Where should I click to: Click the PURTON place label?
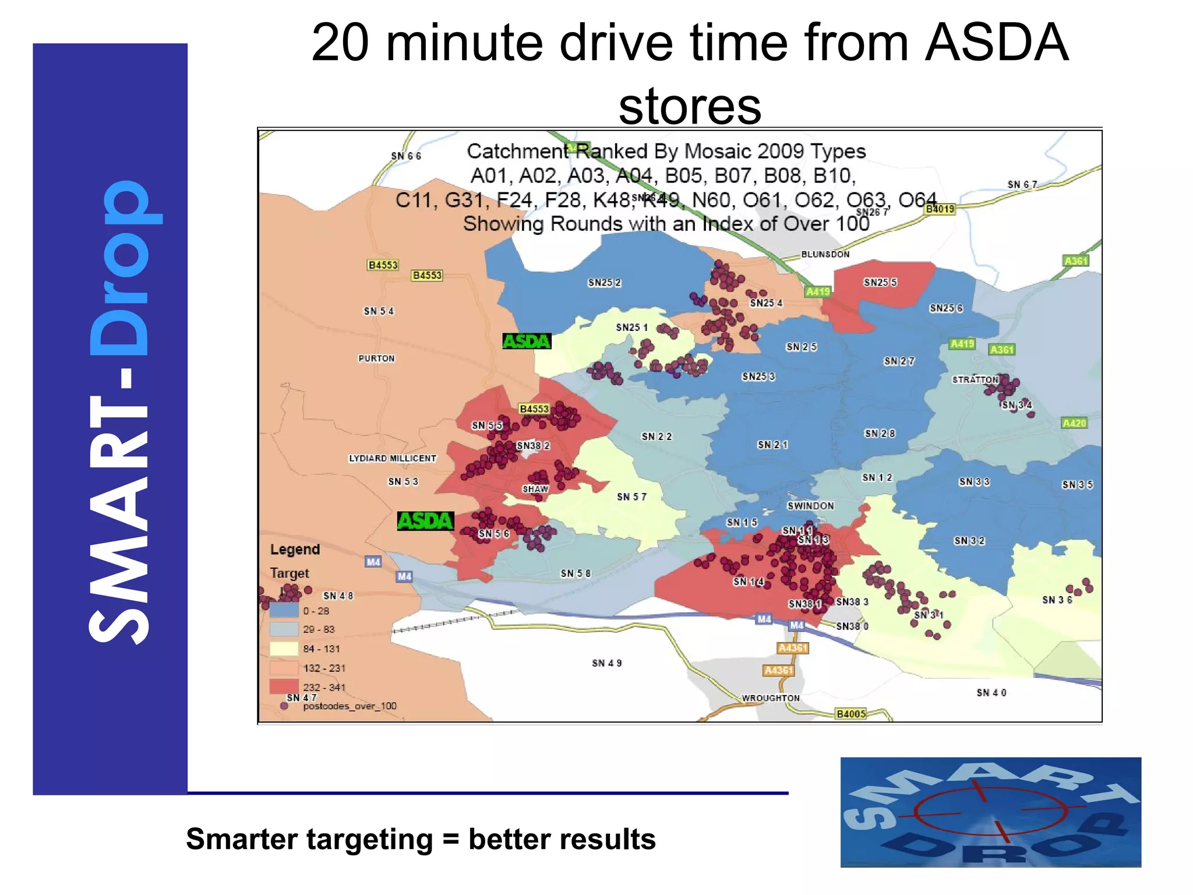click(x=376, y=358)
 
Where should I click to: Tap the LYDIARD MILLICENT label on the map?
click(x=393, y=459)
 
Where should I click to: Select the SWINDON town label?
click(x=810, y=506)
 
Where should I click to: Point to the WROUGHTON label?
click(x=770, y=698)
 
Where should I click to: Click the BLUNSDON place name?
click(x=825, y=254)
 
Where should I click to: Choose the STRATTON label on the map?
click(x=975, y=380)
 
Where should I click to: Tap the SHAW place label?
click(x=535, y=489)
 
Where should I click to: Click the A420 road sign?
click(x=1074, y=423)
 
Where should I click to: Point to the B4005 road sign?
click(x=850, y=714)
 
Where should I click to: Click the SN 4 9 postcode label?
click(x=606, y=663)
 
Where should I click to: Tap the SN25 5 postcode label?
click(x=880, y=283)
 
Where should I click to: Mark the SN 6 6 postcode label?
click(x=405, y=156)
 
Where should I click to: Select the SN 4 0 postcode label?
click(x=991, y=693)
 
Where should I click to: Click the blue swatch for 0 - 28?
click(x=284, y=611)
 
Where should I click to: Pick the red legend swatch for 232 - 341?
click(x=284, y=686)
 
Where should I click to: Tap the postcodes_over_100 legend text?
click(x=350, y=706)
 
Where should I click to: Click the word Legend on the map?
click(x=295, y=549)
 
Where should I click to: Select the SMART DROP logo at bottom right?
click(x=990, y=812)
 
